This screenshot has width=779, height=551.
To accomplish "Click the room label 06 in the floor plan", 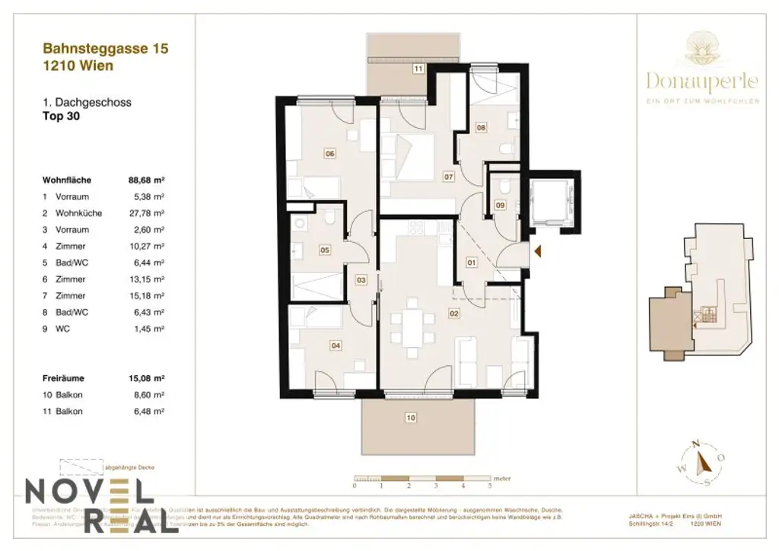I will tap(330, 154).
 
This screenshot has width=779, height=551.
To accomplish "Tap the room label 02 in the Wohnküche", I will tap(454, 313).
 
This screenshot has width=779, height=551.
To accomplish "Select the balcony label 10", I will tap(411, 417).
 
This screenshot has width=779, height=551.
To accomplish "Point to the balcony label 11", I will tap(418, 68).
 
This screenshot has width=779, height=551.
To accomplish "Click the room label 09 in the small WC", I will tap(500, 204).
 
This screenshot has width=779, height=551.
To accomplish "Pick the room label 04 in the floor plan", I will tap(335, 345).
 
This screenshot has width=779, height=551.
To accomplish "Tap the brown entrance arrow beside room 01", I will tap(538, 251).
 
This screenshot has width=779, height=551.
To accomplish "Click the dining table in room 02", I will tap(412, 329).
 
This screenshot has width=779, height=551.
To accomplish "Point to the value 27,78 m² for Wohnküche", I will tap(148, 213).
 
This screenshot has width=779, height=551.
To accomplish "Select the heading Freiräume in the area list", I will tap(64, 377).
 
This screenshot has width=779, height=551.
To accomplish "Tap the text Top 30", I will tap(62, 117).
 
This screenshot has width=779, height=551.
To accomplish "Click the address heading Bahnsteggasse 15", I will tap(106, 49).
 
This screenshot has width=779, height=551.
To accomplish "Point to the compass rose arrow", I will tap(704, 461).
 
